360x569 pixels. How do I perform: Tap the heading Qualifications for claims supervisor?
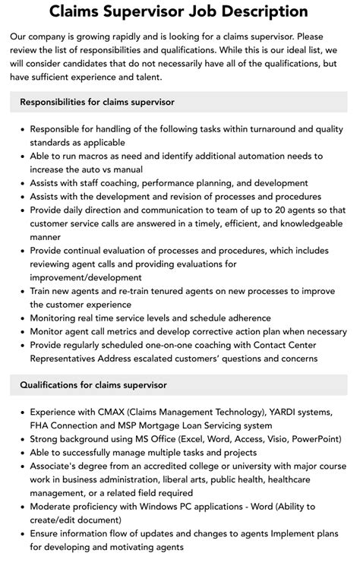(x=93, y=385)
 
